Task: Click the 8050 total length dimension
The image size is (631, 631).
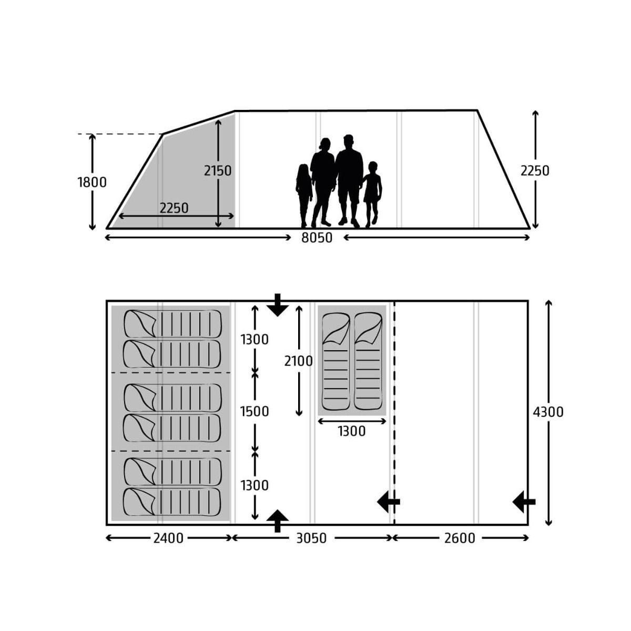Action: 317,238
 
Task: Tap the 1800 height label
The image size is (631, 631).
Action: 92,182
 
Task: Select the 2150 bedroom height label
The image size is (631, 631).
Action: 218,171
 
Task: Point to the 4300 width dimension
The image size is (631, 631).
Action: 548,412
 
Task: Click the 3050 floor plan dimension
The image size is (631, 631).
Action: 311,538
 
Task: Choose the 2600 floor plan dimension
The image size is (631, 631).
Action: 460,538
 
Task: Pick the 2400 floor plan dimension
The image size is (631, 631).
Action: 168,538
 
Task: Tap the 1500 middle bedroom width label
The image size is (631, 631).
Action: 255,412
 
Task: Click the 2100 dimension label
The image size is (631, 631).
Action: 298,361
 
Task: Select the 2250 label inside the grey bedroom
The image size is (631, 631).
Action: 174,208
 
